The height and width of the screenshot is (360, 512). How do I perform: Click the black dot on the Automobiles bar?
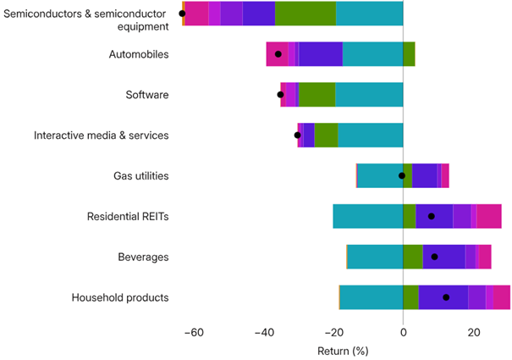click(x=278, y=54)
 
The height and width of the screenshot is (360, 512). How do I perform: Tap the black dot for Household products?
click(x=446, y=297)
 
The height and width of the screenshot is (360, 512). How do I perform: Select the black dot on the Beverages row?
click(x=435, y=257)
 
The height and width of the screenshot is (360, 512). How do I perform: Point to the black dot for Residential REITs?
click(x=432, y=216)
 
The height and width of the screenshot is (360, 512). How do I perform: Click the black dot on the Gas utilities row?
click(x=402, y=176)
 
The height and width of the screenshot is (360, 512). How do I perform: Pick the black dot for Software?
click(x=281, y=95)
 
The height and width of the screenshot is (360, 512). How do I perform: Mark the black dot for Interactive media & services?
click(x=297, y=136)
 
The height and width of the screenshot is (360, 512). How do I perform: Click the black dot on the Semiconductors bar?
click(x=182, y=14)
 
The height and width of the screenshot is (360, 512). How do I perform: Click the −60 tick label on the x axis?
click(x=195, y=332)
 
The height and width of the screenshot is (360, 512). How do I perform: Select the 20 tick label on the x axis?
click(x=474, y=332)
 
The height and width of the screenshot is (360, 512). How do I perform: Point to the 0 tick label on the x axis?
click(x=403, y=332)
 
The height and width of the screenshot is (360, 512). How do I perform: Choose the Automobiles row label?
click(x=139, y=54)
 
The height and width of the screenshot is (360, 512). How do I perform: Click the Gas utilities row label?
click(x=141, y=176)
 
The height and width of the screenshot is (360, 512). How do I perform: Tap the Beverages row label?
click(x=145, y=257)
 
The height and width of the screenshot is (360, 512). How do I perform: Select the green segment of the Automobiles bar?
click(x=409, y=54)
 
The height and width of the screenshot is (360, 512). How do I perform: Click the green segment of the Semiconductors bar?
click(x=306, y=14)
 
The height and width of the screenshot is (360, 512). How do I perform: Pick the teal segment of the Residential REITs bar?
click(x=367, y=216)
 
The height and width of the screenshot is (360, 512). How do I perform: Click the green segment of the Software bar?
click(x=317, y=95)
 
